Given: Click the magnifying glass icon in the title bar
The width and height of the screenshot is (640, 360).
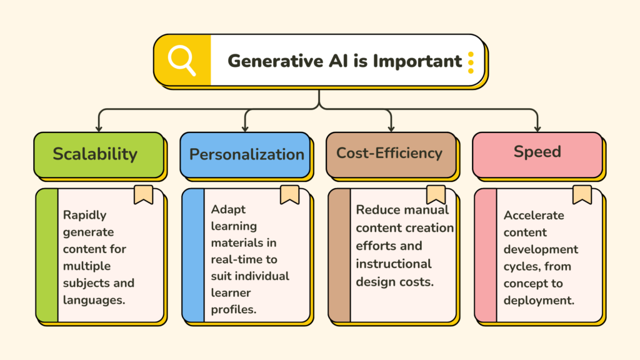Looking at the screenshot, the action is click(x=182, y=61).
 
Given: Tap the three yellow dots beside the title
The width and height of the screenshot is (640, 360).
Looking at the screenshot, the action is click(x=471, y=62).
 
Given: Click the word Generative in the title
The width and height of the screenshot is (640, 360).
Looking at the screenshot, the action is click(x=276, y=61).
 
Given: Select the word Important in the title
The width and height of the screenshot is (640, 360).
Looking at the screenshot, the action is click(x=417, y=61).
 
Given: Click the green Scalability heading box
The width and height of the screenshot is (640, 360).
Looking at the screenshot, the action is click(x=99, y=155).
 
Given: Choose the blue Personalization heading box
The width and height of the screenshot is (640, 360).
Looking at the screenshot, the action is click(x=245, y=155).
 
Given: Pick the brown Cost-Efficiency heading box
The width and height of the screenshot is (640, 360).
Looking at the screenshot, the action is click(x=391, y=155).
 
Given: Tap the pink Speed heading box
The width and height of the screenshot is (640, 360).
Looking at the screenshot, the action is click(x=537, y=155).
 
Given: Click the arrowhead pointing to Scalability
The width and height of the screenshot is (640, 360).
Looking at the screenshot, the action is click(x=99, y=129).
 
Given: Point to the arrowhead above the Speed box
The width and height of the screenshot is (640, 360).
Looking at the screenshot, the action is click(x=537, y=129).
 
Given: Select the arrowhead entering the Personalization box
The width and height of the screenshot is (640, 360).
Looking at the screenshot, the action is click(x=245, y=129).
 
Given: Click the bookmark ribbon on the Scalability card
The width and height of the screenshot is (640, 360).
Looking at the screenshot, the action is click(x=144, y=195).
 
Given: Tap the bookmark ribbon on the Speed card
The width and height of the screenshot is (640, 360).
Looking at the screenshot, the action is click(x=582, y=195).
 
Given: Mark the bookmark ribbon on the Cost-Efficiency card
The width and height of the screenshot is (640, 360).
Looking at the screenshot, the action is click(x=436, y=195).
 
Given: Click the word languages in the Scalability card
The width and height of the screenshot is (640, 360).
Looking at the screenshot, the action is click(x=94, y=301).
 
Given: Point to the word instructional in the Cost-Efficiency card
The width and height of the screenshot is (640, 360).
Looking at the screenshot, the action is click(x=394, y=264).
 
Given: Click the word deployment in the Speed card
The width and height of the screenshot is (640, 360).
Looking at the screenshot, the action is click(x=539, y=301).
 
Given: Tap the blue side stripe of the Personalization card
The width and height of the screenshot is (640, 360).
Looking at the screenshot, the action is click(x=194, y=255).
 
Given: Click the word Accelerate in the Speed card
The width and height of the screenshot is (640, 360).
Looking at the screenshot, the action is click(x=534, y=215).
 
